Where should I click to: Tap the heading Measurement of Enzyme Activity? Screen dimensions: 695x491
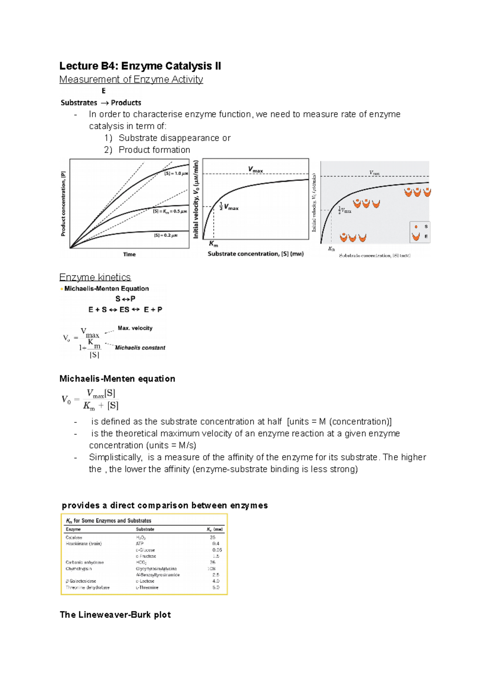(x=131, y=79)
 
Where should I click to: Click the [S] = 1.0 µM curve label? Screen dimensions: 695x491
(x=176, y=174)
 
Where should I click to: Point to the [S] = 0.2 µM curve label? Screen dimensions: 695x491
(x=166, y=235)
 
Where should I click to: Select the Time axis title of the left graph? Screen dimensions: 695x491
(x=129, y=255)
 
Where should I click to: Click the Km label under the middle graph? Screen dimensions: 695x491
(x=214, y=244)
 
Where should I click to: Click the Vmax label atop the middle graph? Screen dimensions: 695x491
(x=255, y=169)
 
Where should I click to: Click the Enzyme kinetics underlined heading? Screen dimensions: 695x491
(x=95, y=278)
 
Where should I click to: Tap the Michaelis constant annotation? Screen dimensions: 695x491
(x=140, y=348)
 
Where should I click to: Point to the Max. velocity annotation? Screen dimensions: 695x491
(x=135, y=328)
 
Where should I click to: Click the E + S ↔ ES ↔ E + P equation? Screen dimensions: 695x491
(x=125, y=310)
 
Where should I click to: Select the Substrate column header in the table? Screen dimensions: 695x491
(x=145, y=529)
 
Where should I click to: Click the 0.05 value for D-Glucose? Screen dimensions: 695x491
(x=217, y=550)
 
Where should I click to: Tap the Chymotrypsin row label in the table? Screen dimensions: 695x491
(x=79, y=569)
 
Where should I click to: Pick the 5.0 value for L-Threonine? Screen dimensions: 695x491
(x=216, y=587)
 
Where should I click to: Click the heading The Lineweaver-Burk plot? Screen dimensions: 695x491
(x=115, y=615)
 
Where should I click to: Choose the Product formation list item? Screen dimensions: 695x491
(x=154, y=150)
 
